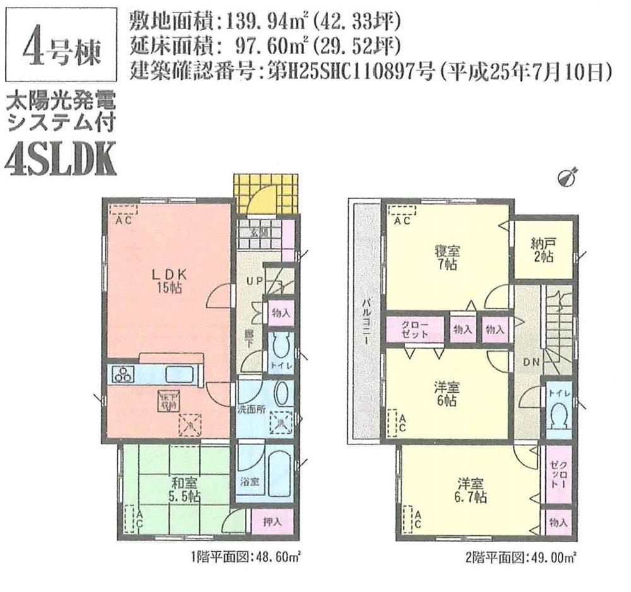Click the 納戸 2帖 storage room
(543, 251)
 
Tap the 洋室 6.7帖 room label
(471, 490)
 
